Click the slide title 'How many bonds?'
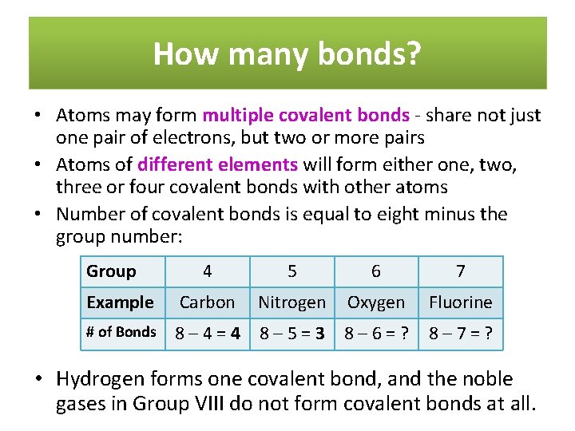pyautogui.click(x=287, y=53)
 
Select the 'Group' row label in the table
pyautogui.click(x=111, y=271)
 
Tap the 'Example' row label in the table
pyautogui.click(x=120, y=302)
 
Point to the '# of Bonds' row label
pyautogui.click(x=121, y=332)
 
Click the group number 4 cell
pyautogui.click(x=208, y=271)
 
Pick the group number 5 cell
pyautogui.click(x=292, y=271)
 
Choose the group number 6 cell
pyautogui.click(x=376, y=271)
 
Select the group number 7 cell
pyautogui.click(x=460, y=271)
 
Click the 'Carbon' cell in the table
pyautogui.click(x=208, y=302)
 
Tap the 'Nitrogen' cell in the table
pyautogui.click(x=292, y=302)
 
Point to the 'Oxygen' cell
pyautogui.click(x=376, y=302)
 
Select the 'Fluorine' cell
pyautogui.click(x=460, y=302)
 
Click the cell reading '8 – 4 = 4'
pyautogui.click(x=208, y=333)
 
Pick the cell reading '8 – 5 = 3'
pyautogui.click(x=292, y=333)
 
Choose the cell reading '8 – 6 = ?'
pyautogui.click(x=376, y=333)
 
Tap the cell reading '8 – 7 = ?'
pyautogui.click(x=460, y=333)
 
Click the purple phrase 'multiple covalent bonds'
pyautogui.click(x=306, y=116)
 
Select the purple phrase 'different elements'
pyautogui.click(x=218, y=165)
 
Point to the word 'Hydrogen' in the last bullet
pyautogui.click(x=97, y=379)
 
